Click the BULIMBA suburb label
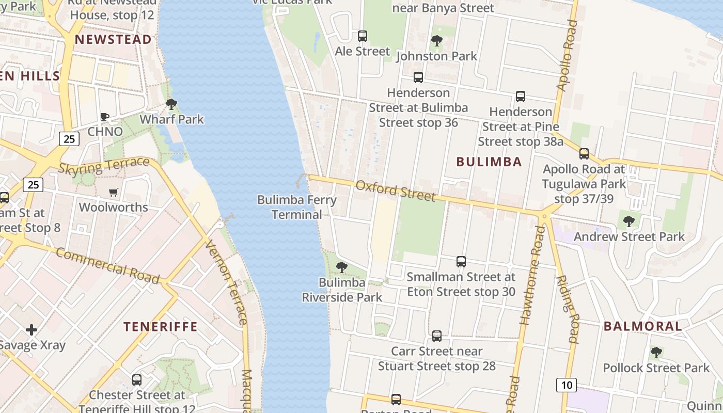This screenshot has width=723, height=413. pos(489,162)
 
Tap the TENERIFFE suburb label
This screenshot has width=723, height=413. pos(161,326)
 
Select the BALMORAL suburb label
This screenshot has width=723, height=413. pos(643,326)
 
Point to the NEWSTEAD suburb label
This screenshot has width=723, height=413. pos(113,39)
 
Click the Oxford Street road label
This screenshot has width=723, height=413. pos(395,190)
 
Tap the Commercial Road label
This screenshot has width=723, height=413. pos(107,265)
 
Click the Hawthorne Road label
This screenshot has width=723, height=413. pos(533,276)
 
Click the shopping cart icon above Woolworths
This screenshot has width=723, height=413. pos(114,192)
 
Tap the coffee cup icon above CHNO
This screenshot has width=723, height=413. pos(105,117)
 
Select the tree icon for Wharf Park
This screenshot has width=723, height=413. pos(171,104)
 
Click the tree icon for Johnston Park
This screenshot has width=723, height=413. pos(436,40)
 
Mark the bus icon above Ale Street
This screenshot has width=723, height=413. pos(363,36)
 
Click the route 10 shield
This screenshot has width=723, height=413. pos(567,385)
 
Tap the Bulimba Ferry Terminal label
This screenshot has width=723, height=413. pos(296,207)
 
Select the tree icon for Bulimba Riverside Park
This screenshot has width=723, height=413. pos(341,267)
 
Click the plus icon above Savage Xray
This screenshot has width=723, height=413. pos(32,329)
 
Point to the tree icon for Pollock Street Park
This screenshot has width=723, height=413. pos(656,353)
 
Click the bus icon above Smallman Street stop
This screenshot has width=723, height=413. pos(461,262)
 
